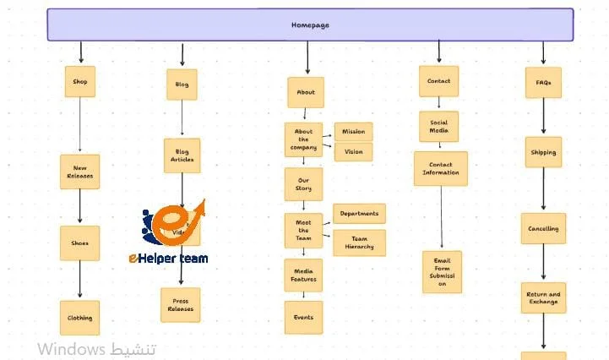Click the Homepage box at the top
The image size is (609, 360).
click(310, 25)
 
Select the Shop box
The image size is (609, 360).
click(80, 82)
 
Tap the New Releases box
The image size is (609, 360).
click(80, 172)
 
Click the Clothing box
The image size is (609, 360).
click(80, 318)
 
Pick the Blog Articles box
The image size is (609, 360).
click(182, 155)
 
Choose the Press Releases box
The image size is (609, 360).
click(180, 305)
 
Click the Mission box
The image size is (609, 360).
click(353, 132)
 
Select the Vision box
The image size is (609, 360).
click(353, 152)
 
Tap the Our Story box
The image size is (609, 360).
click(303, 183)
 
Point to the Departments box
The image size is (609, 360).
click(359, 214)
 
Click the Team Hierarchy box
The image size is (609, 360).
click(359, 243)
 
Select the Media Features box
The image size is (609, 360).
click(303, 275)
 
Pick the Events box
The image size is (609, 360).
click(303, 318)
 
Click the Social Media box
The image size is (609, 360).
click(438, 127)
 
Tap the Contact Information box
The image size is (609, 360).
click(440, 168)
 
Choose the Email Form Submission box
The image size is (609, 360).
click(442, 272)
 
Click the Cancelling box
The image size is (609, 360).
click(543, 229)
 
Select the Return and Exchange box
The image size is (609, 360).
click(543, 297)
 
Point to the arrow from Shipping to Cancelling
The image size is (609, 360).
click(543, 190)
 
